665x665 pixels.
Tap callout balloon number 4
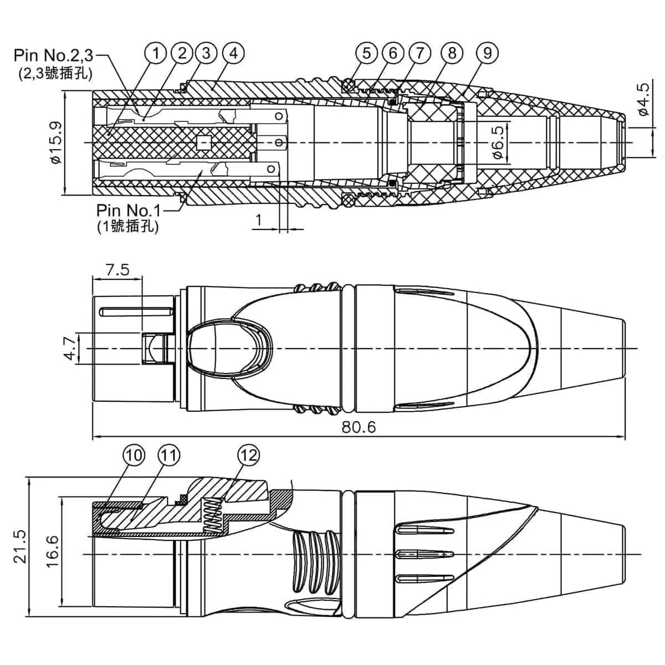pos(233,53)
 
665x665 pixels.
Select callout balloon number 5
pos(366,53)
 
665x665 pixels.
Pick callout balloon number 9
pos(488,53)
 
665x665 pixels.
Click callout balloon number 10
pos(133,456)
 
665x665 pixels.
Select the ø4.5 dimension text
pos(642,100)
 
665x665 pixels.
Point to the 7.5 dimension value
pos(117,270)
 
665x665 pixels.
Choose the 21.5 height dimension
pos(21,546)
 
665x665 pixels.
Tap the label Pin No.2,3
pos(54,55)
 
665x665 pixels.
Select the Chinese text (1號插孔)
pos(127,226)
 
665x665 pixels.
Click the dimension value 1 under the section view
pos(259,220)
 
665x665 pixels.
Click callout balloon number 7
pos(420,53)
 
